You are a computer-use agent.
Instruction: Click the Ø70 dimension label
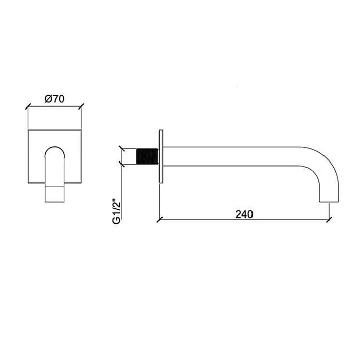point(55,99)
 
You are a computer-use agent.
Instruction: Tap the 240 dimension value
point(244,214)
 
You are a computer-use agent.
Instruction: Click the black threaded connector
point(148,156)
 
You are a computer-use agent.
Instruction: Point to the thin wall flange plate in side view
point(161,156)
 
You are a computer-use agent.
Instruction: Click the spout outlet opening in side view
point(329,202)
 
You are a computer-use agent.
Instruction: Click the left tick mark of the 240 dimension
point(159,220)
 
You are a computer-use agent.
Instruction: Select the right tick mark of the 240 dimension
point(329,220)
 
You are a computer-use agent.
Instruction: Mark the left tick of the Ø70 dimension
point(28,106)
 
